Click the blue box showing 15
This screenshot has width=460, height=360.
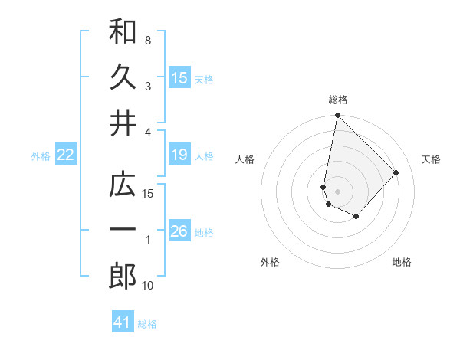click(x=179, y=77)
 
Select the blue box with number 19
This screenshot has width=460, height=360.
click(x=179, y=155)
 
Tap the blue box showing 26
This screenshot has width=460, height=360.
click(x=179, y=231)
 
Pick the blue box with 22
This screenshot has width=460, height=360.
click(x=66, y=155)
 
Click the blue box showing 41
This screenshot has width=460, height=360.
click(x=123, y=322)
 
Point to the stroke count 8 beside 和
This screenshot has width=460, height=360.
click(x=147, y=40)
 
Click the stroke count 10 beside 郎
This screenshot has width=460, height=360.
click(x=148, y=286)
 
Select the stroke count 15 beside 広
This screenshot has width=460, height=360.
click(x=148, y=194)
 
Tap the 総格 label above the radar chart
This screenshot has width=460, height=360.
click(x=338, y=100)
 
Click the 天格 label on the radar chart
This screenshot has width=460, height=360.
click(x=432, y=159)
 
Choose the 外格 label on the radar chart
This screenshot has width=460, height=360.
click(x=269, y=262)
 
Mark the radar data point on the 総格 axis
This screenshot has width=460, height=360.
click(x=337, y=116)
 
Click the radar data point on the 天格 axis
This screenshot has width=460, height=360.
click(x=396, y=172)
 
